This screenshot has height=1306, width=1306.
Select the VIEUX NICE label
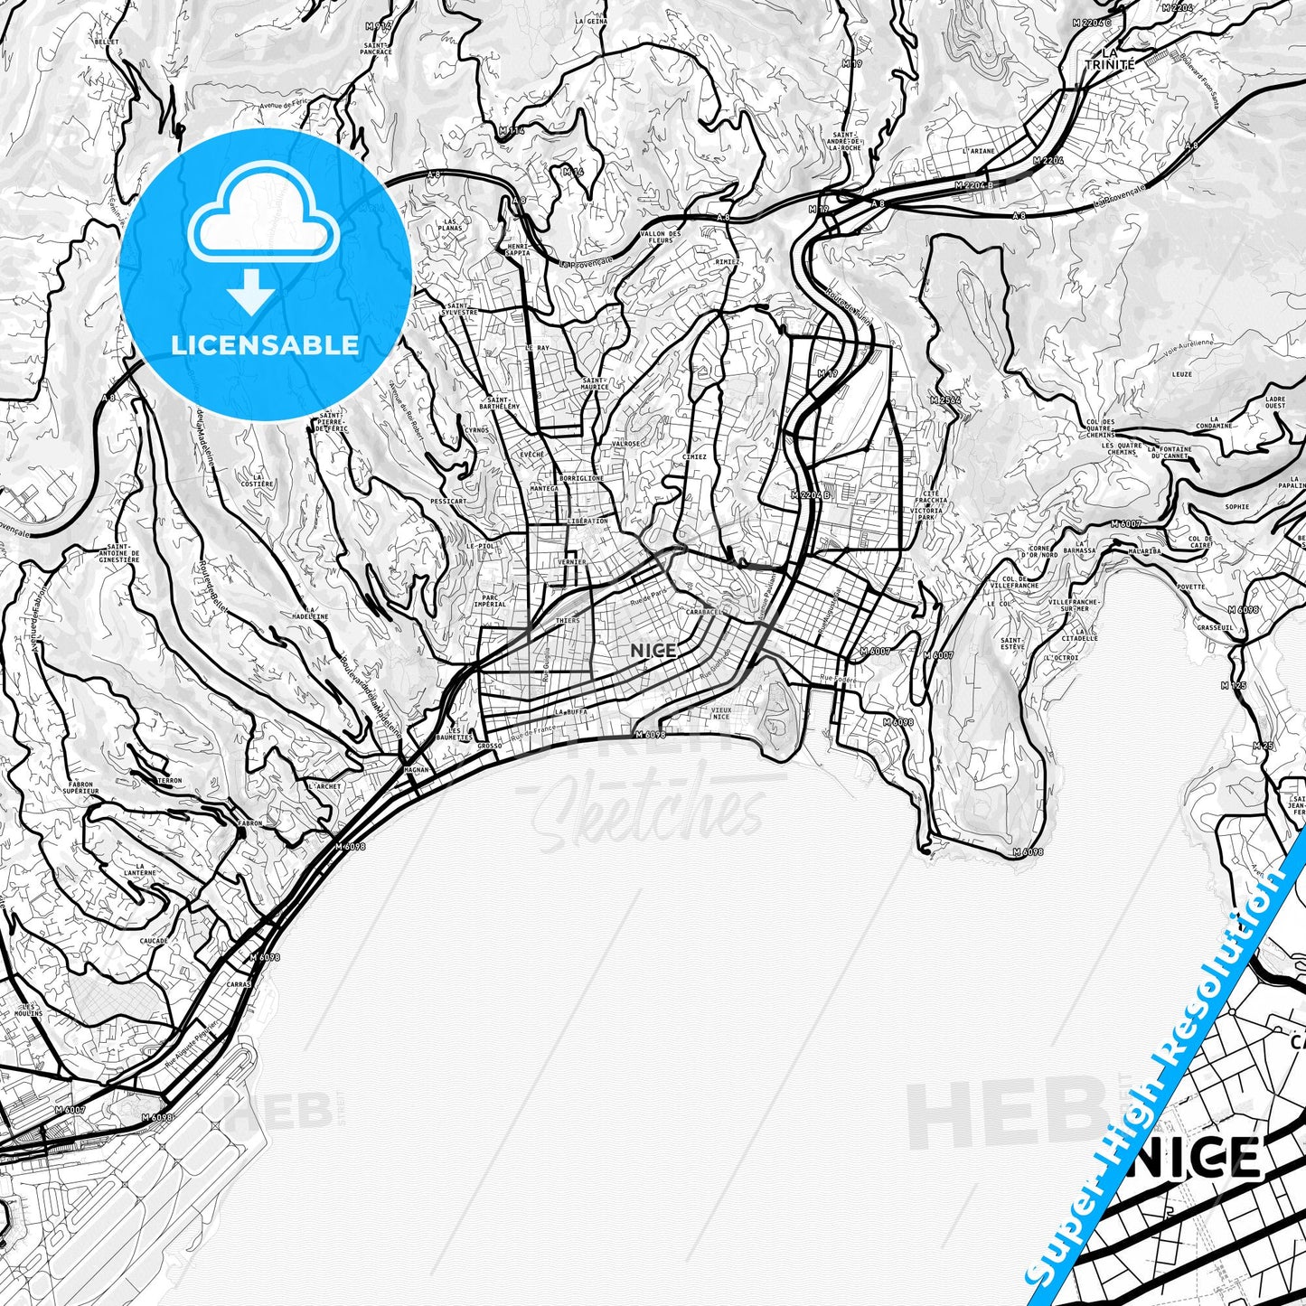720,712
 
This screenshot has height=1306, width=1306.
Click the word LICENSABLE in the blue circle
264,345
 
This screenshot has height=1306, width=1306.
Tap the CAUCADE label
154,941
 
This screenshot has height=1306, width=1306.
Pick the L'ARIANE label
978,152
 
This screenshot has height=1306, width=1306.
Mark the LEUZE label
1181,373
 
